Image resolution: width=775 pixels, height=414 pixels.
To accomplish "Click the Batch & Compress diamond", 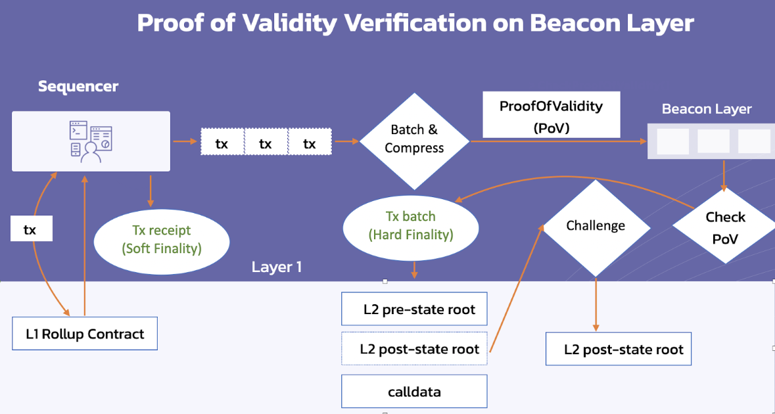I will click(414, 140).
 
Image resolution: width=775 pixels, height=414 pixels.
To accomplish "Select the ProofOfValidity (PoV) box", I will click(551, 115).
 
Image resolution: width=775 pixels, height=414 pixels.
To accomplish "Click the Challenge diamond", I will click(596, 227).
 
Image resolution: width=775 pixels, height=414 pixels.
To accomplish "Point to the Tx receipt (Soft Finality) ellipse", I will click(162, 239).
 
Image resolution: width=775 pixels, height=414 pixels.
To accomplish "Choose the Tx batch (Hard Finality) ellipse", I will click(411, 225).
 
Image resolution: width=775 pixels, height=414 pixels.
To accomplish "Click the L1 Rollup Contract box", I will click(85, 334).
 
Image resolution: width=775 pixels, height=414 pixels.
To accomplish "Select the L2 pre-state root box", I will click(414, 309).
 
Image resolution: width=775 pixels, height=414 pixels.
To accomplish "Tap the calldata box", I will click(414, 392).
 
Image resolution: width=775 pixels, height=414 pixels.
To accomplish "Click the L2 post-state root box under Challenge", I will click(619, 350).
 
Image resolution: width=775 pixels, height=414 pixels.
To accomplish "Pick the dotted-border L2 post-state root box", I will click(414, 348).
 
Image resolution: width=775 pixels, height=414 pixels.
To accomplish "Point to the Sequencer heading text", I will click(78, 86).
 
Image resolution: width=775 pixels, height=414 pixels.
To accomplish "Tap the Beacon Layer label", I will click(706, 109).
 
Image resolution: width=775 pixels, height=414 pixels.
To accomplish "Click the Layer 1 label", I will click(276, 267).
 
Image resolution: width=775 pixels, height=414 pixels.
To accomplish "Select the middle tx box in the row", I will click(266, 143).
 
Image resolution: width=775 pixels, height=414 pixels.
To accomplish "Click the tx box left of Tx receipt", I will click(30, 229).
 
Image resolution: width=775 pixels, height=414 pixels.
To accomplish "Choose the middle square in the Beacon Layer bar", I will click(713, 141).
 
